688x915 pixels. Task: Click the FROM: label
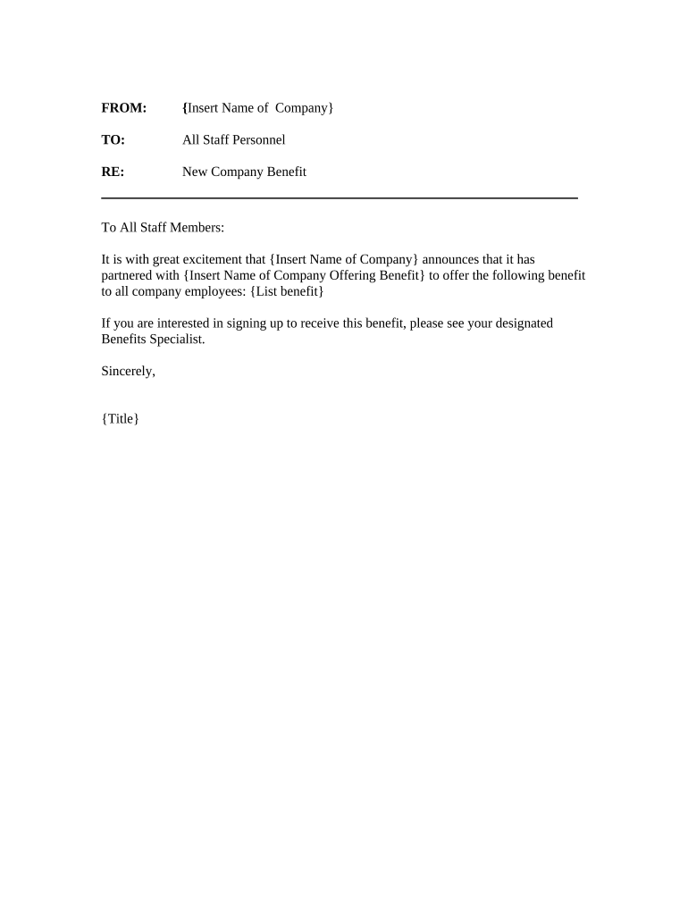click(x=123, y=108)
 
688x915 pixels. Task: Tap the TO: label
click(x=113, y=140)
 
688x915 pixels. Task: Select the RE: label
click(x=113, y=172)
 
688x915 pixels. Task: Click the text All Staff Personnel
click(x=233, y=140)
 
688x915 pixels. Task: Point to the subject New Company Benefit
click(x=244, y=172)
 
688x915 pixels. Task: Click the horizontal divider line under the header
click(x=340, y=197)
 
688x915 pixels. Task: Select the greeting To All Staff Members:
click(x=163, y=228)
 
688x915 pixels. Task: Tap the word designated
click(x=520, y=323)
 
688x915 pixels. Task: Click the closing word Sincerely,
click(x=129, y=371)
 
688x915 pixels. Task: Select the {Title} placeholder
click(x=121, y=418)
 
